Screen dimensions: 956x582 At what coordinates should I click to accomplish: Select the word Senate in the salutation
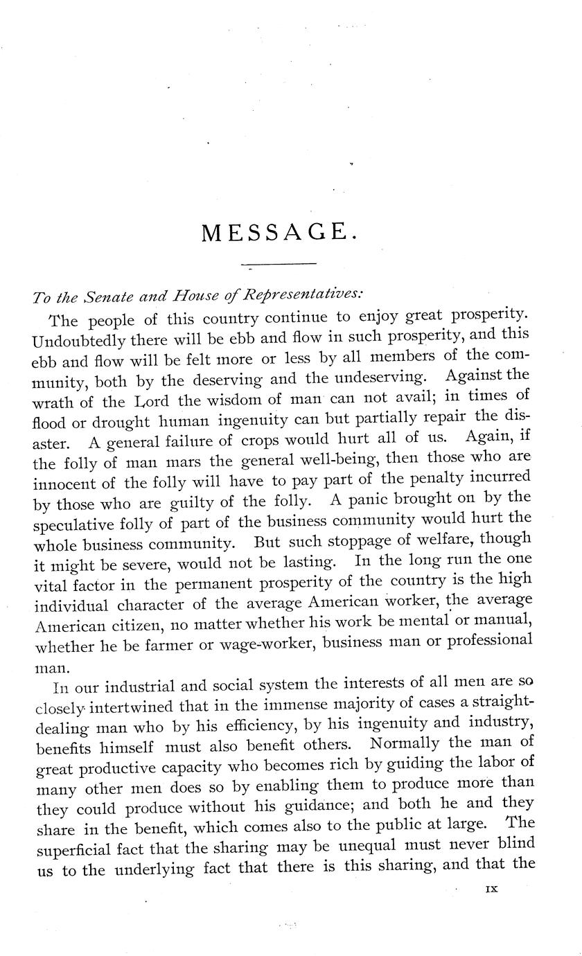[x=111, y=296]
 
